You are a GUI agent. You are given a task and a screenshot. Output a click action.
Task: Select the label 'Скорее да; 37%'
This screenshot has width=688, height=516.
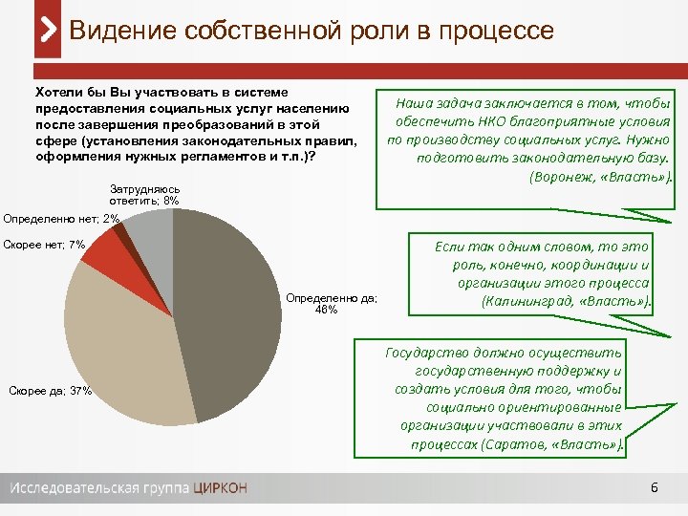coord(49,390)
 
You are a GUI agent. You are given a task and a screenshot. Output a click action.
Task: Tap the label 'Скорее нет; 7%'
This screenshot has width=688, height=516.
coord(45,246)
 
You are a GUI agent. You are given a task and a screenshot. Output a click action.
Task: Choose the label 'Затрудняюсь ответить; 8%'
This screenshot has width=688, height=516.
coord(144,195)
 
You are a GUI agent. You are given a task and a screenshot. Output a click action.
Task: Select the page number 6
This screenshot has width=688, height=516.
coord(654,488)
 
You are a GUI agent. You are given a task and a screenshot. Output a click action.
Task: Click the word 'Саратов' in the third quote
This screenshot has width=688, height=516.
coord(515,444)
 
